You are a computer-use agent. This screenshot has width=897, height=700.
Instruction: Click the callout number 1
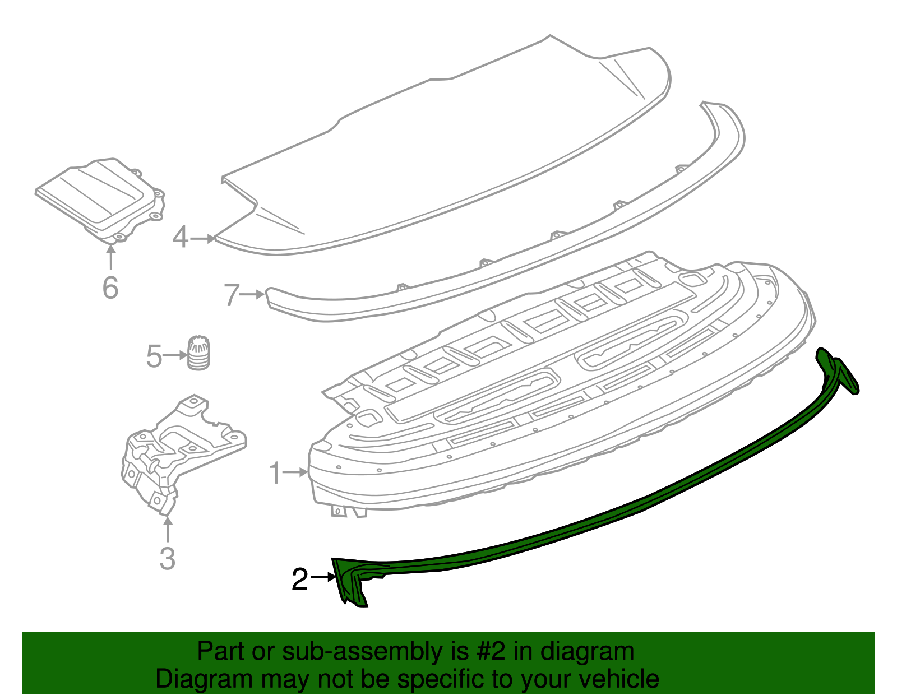point(274,474)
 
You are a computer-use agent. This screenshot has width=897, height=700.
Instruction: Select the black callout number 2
point(300,580)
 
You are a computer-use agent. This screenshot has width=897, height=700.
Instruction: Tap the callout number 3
point(167,559)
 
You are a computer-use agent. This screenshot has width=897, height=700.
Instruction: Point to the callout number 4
point(180,237)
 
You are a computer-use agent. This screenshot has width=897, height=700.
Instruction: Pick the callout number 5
point(154,356)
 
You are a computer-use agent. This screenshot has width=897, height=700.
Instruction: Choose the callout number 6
point(110,288)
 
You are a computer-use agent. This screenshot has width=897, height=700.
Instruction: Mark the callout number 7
point(232,295)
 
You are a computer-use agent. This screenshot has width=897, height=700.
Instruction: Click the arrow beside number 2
point(323,577)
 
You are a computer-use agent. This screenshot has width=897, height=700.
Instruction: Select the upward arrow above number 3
point(167,530)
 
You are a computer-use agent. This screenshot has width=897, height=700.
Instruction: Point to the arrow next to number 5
point(175,355)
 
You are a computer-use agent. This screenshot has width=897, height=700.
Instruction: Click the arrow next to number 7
point(253,294)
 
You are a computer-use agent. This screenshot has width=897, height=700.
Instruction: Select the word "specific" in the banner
point(433,679)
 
